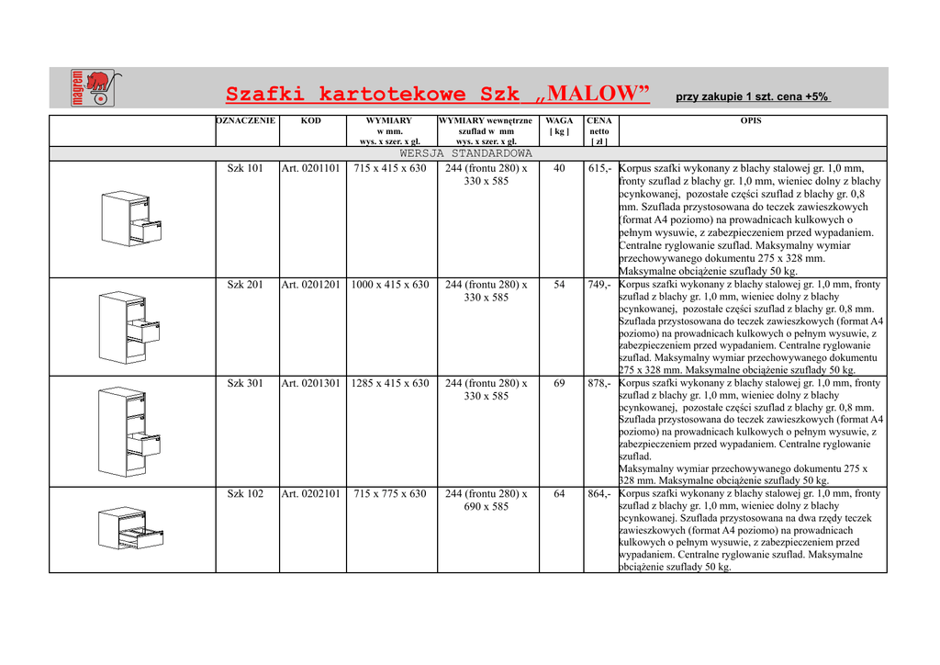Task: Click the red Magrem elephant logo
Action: point(92,87)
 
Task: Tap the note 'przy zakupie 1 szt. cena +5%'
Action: point(753,96)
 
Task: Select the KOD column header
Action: point(311,121)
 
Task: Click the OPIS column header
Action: point(750,121)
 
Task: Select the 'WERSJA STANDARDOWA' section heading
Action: point(466,153)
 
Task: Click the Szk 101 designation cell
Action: point(245,169)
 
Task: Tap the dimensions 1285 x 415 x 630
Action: point(390,383)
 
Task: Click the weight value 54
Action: point(559,285)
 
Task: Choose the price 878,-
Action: point(599,383)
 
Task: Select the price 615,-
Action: point(599,169)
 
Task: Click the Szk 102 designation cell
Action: point(245,494)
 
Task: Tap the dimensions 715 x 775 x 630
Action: point(390,494)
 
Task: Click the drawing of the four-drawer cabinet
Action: point(130,430)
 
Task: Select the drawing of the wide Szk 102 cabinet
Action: point(130,528)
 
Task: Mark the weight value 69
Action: point(559,383)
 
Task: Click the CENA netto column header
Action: point(599,130)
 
